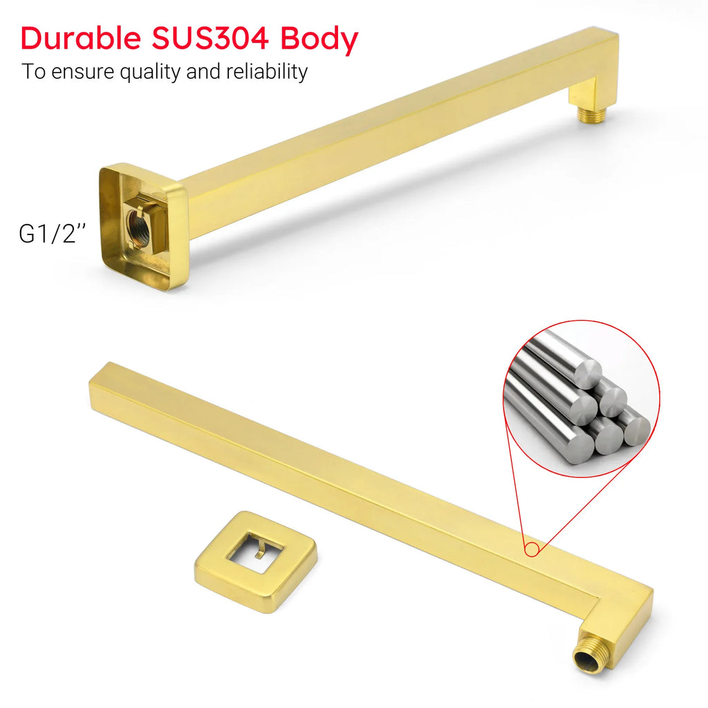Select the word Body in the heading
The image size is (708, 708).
pyautogui.click(x=319, y=40)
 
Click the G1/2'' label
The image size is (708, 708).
pyautogui.click(x=52, y=233)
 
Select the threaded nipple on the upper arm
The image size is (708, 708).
pyautogui.click(x=593, y=113)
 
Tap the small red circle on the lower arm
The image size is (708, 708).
pyautogui.click(x=531, y=550)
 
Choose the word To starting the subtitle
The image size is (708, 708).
pyautogui.click(x=32, y=71)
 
